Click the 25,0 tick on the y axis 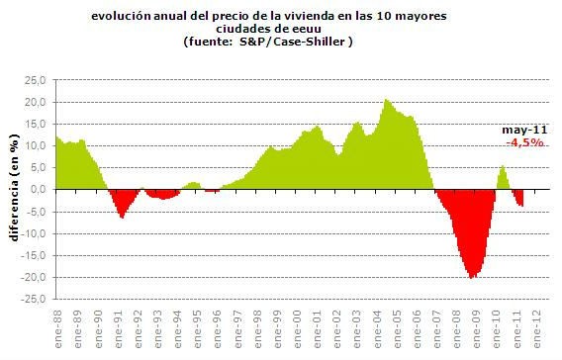[37, 80]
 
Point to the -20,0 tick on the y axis [35, 277]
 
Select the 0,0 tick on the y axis [41, 189]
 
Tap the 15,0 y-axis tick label [37, 124]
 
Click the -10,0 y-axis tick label [35, 233]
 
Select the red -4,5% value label [521, 143]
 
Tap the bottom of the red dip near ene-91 [122, 217]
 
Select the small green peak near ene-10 [503, 166]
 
